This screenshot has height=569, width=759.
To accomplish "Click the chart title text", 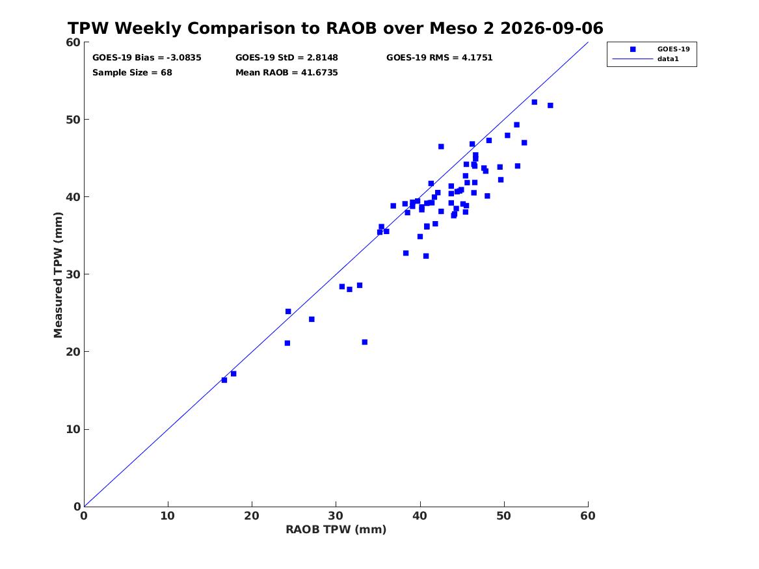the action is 336,28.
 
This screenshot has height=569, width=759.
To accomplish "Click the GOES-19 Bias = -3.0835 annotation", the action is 147,58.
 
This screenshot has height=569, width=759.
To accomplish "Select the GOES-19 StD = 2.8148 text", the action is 287,58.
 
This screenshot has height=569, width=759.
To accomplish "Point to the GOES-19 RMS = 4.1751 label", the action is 439,58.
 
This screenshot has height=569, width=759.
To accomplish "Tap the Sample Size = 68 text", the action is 132,73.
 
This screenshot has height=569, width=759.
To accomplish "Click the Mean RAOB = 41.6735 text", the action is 287,73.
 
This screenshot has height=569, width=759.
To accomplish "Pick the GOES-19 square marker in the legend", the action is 633,49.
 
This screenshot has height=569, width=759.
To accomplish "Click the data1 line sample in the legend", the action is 633,59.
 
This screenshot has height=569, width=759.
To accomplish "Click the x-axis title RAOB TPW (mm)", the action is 336,530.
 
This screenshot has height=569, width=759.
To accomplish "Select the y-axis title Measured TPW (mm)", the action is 58,274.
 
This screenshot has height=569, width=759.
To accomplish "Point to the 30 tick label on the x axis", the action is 336,516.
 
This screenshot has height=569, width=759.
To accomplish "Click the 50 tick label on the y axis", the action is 73,120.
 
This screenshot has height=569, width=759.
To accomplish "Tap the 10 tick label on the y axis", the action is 73,429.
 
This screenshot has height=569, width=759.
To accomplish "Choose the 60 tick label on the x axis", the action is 588,516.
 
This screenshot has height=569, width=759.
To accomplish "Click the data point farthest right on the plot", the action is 550,105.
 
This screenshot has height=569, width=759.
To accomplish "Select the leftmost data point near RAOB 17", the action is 224,380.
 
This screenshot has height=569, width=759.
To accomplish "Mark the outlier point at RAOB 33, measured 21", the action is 364,342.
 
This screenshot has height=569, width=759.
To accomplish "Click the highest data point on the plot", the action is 535,102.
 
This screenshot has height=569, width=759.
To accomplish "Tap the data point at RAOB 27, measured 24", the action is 312,319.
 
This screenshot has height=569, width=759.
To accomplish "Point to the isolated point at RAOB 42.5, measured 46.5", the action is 441,146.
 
